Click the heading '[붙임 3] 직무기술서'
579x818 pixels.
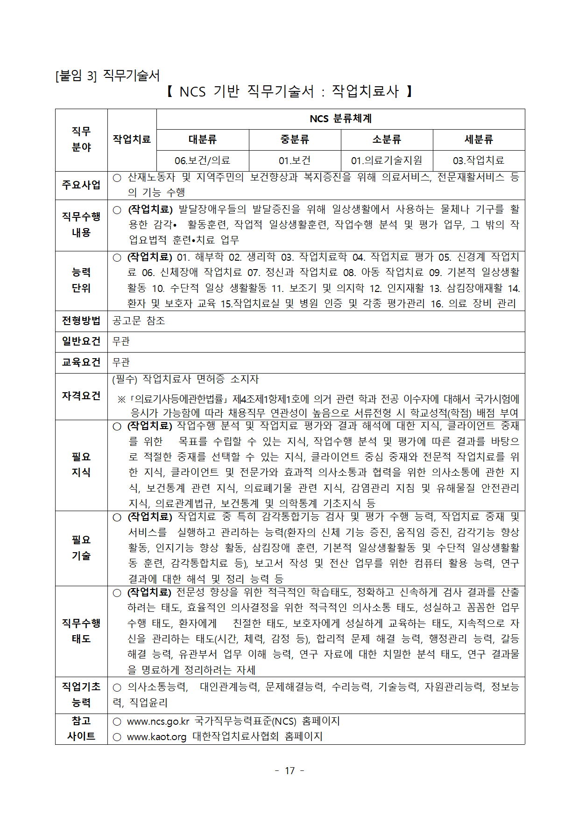[x=107, y=76]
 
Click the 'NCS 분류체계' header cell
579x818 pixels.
[x=340, y=119]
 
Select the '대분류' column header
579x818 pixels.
[x=202, y=139]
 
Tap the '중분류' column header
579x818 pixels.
[x=295, y=139]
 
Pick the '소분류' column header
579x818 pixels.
[x=387, y=139]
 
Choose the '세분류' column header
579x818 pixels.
[x=479, y=139]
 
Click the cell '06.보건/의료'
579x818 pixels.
[x=202, y=160]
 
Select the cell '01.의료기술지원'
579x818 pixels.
[x=387, y=160]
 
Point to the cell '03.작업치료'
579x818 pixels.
[x=479, y=160]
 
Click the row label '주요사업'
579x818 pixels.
[x=81, y=185]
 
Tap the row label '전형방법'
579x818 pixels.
[x=81, y=321]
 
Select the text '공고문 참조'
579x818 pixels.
[x=139, y=321]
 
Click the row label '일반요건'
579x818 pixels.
[x=81, y=341]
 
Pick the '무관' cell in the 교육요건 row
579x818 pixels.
[x=121, y=362]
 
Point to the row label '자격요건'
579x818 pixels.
[x=81, y=396]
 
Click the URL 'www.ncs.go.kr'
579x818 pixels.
[x=158, y=721]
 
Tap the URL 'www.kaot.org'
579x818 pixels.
[x=156, y=737]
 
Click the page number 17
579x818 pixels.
[x=289, y=771]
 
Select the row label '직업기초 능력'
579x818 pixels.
[x=81, y=694]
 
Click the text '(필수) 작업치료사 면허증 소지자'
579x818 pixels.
[x=185, y=380]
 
